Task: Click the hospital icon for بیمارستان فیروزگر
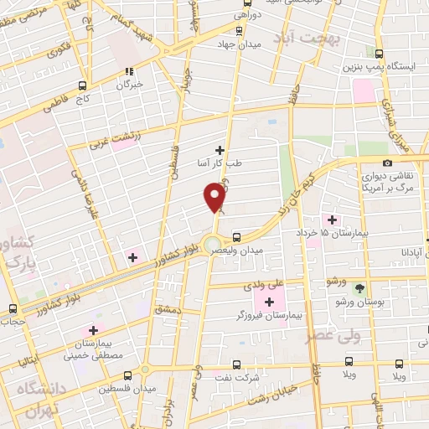point(269,302)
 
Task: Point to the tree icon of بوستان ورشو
point(359,288)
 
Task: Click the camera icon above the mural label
point(386,163)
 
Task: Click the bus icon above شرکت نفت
point(235,364)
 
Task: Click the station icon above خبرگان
point(128,72)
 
